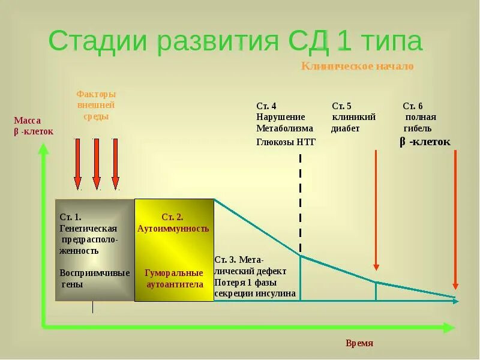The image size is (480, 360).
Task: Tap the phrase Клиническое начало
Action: coord(357,66)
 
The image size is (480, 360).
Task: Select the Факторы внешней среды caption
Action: coord(96,105)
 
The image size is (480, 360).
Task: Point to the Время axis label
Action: coord(359,343)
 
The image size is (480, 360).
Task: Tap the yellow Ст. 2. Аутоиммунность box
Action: coord(174,250)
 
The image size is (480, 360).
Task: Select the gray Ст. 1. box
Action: coord(95,250)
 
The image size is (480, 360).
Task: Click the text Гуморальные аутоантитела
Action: coord(175,278)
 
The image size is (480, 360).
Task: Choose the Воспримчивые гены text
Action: coord(94,278)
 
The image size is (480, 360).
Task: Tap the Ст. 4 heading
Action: coord(266,106)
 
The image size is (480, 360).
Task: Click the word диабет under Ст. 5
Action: coord(346,128)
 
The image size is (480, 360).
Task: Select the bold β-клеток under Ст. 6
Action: coord(425,142)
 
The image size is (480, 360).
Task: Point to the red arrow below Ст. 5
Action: coord(376,210)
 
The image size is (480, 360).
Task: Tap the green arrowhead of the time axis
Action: coord(449,328)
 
